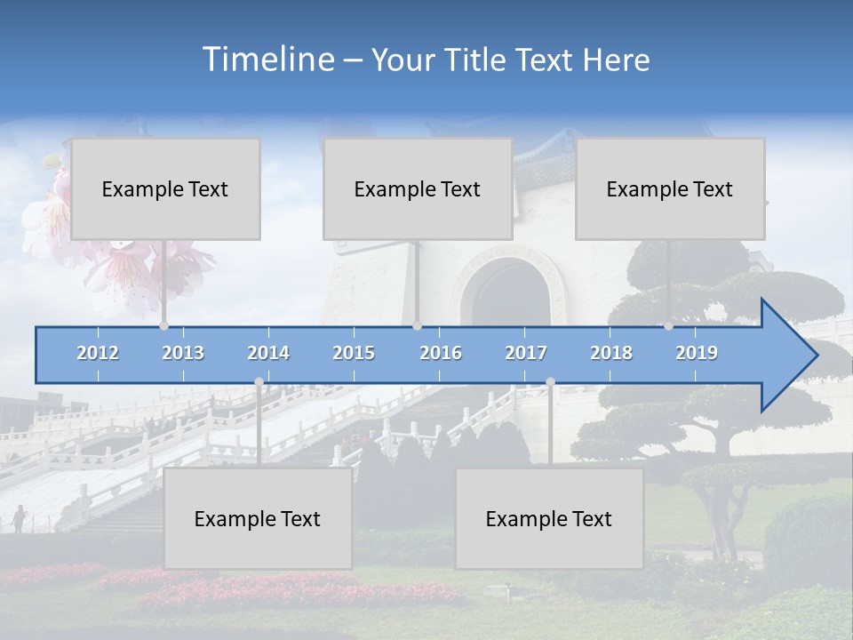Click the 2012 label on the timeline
tap(98, 354)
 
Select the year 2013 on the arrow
tap(183, 354)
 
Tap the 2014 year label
tap(268, 354)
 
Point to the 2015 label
tap(354, 354)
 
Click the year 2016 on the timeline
tap(441, 354)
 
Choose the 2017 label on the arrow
tap(526, 354)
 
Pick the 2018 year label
tap(611, 354)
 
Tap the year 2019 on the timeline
tap(697, 354)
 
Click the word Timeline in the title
tap(267, 60)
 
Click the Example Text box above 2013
tap(165, 189)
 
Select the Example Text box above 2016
tap(418, 189)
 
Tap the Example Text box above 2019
tap(670, 189)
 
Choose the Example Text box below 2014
tap(258, 519)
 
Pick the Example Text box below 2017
tap(549, 519)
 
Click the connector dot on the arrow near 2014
tap(259, 382)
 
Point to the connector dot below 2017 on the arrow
tap(550, 382)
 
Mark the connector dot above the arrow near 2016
tap(417, 326)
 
